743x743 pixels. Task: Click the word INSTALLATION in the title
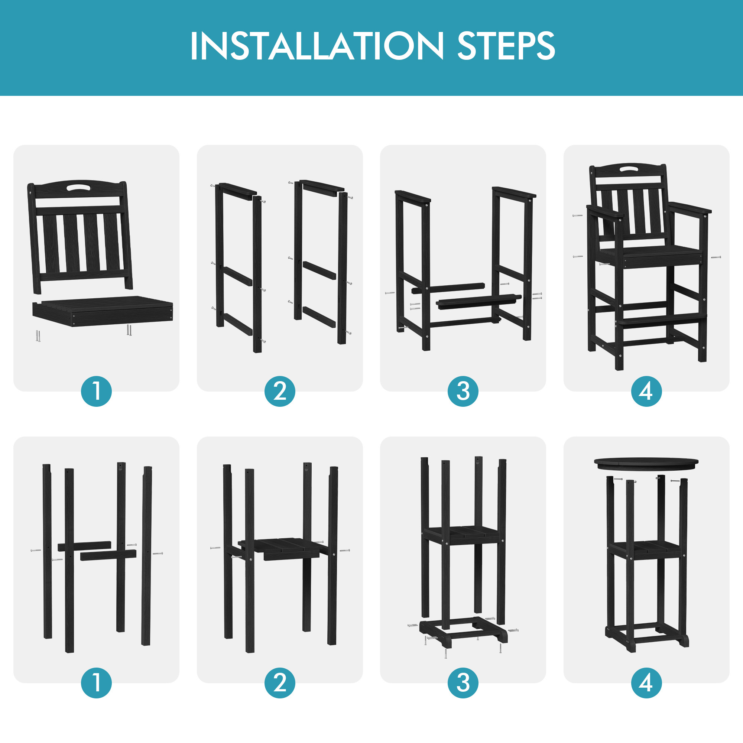click(x=317, y=46)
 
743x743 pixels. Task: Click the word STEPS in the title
click(x=506, y=46)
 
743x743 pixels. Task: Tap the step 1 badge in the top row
click(x=96, y=392)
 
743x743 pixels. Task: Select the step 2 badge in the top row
click(x=280, y=392)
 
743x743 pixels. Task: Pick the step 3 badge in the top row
click(x=463, y=392)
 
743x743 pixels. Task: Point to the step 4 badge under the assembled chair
click(x=646, y=392)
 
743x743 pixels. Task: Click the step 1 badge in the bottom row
click(x=96, y=683)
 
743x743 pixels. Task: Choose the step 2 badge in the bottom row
click(x=280, y=683)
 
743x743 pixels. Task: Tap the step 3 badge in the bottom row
click(x=463, y=683)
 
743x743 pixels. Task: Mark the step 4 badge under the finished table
click(x=646, y=683)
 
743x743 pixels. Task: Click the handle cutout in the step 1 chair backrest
click(x=78, y=188)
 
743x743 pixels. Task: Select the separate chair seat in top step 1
click(x=103, y=311)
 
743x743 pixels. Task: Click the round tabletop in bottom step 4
click(x=646, y=463)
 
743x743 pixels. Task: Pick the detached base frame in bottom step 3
click(x=463, y=630)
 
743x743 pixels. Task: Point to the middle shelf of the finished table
click(x=647, y=549)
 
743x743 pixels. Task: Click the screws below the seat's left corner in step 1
click(x=38, y=335)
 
